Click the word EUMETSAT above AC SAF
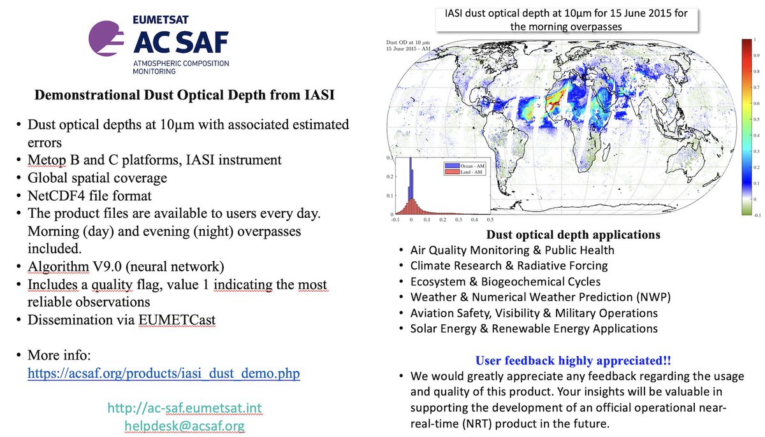[x=161, y=20]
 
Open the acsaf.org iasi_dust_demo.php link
[x=163, y=373]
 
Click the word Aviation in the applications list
[x=433, y=313]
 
